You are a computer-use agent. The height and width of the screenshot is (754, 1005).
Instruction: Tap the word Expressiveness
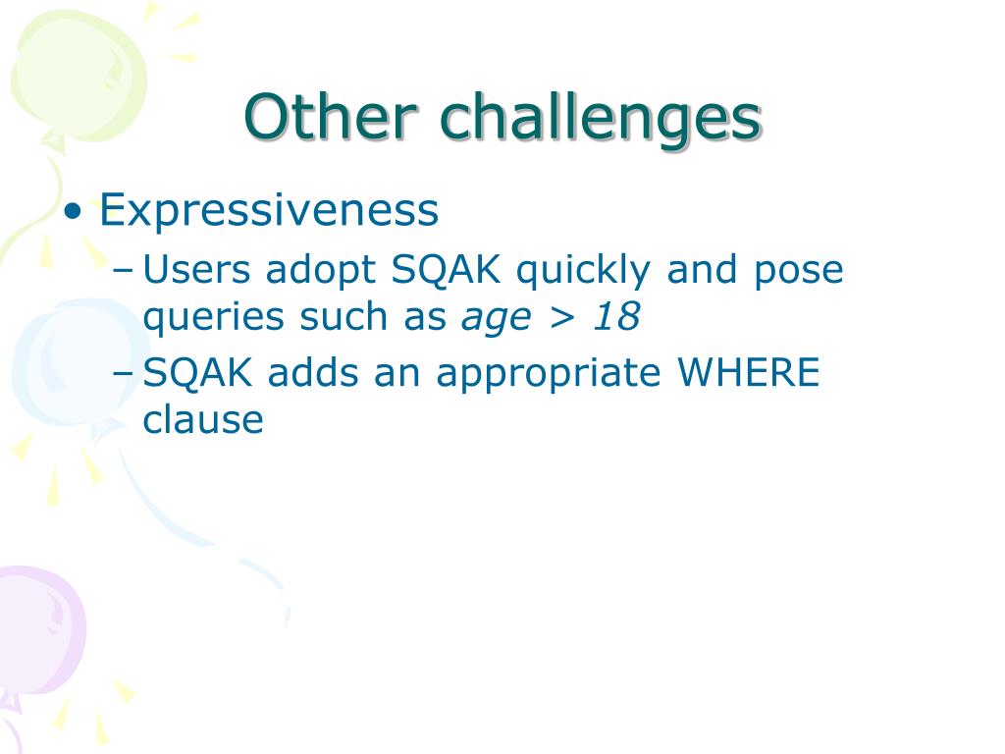(269, 210)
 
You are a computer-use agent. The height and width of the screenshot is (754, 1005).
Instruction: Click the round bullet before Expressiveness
(74, 211)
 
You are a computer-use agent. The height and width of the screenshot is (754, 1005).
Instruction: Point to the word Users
(196, 270)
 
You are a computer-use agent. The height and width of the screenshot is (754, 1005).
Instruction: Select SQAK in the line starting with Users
(447, 270)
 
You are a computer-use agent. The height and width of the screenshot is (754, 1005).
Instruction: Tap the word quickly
(583, 271)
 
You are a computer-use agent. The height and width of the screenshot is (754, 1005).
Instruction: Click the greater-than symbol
(562, 318)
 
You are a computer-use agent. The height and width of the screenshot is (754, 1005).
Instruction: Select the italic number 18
(616, 317)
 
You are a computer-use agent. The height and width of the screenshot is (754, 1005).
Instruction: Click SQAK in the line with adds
(197, 372)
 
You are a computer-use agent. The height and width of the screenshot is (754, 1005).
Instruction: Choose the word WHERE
(749, 372)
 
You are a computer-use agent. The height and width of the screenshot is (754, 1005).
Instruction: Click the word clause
(202, 420)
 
